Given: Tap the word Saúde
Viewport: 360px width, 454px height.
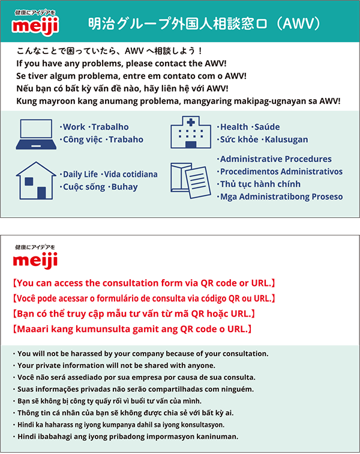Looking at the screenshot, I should pyautogui.click(x=266, y=127).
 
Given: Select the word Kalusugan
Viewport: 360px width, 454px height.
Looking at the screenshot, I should pyautogui.click(x=284, y=139).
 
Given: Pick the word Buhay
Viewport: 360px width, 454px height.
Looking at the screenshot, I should pyautogui.click(x=123, y=187).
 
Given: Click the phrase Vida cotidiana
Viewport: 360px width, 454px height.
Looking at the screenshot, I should pyautogui.click(x=130, y=174).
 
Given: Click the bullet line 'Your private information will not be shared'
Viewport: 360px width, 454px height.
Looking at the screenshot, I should pyautogui.click(x=116, y=365).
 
